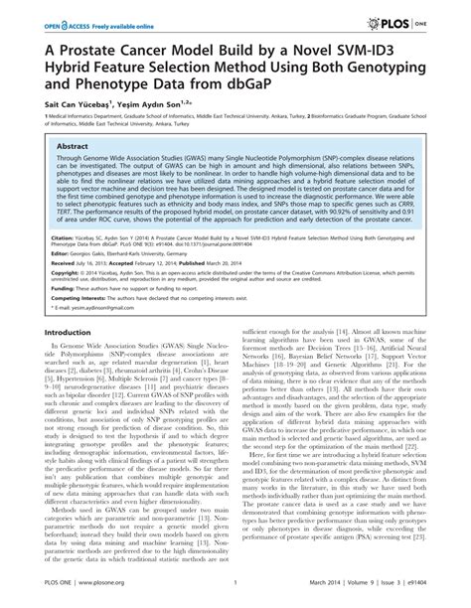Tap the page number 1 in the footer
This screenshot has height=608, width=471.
235,594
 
